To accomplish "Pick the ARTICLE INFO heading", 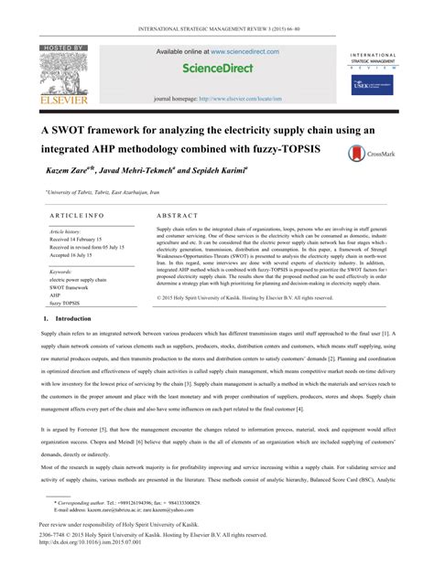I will click(71, 215).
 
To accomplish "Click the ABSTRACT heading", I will click(177, 215).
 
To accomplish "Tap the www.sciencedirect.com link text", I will click(238, 51).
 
